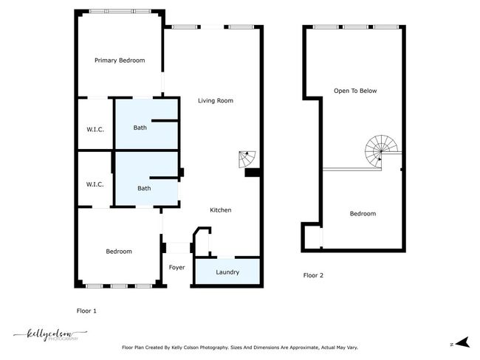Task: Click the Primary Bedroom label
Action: click(120, 60)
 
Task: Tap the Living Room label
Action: click(216, 100)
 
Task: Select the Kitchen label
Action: click(220, 210)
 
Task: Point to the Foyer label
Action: click(177, 267)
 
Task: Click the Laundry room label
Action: click(227, 272)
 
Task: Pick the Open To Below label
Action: click(355, 91)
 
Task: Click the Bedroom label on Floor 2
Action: click(363, 213)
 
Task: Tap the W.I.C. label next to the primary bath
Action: click(95, 129)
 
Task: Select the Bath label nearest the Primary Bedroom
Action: click(140, 128)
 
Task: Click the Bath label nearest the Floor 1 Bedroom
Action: click(144, 188)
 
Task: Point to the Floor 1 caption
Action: click(86, 311)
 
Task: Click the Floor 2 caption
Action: click(313, 275)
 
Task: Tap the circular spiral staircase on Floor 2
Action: click(382, 151)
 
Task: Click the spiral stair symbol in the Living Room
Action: click(247, 159)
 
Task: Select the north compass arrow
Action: click(463, 342)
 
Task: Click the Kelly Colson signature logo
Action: click(50, 335)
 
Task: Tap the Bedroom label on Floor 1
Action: click(119, 252)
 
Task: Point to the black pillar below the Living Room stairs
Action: click(253, 173)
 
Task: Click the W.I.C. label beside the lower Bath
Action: click(95, 184)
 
